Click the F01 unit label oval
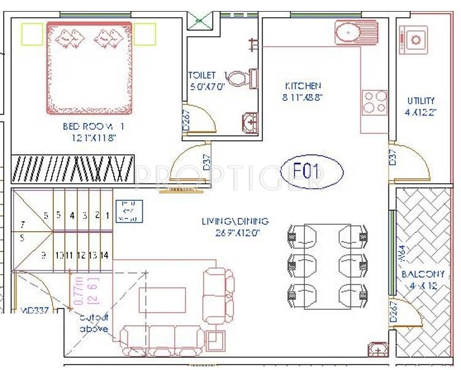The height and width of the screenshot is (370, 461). (312, 171)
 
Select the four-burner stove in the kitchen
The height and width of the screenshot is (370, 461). (375, 102)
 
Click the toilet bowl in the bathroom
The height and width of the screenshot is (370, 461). (238, 78)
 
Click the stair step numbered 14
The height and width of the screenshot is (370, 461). (104, 255)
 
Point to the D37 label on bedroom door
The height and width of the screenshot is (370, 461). (207, 162)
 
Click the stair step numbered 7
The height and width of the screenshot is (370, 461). (22, 225)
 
